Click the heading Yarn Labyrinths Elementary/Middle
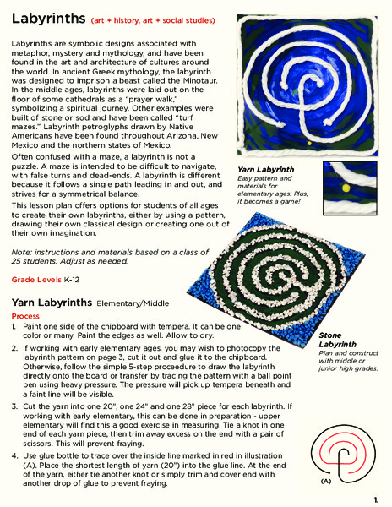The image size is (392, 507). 83,301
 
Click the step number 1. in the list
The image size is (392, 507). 15,325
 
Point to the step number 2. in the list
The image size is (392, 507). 15,347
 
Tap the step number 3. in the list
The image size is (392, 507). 15,406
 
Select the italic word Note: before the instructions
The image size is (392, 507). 21,253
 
